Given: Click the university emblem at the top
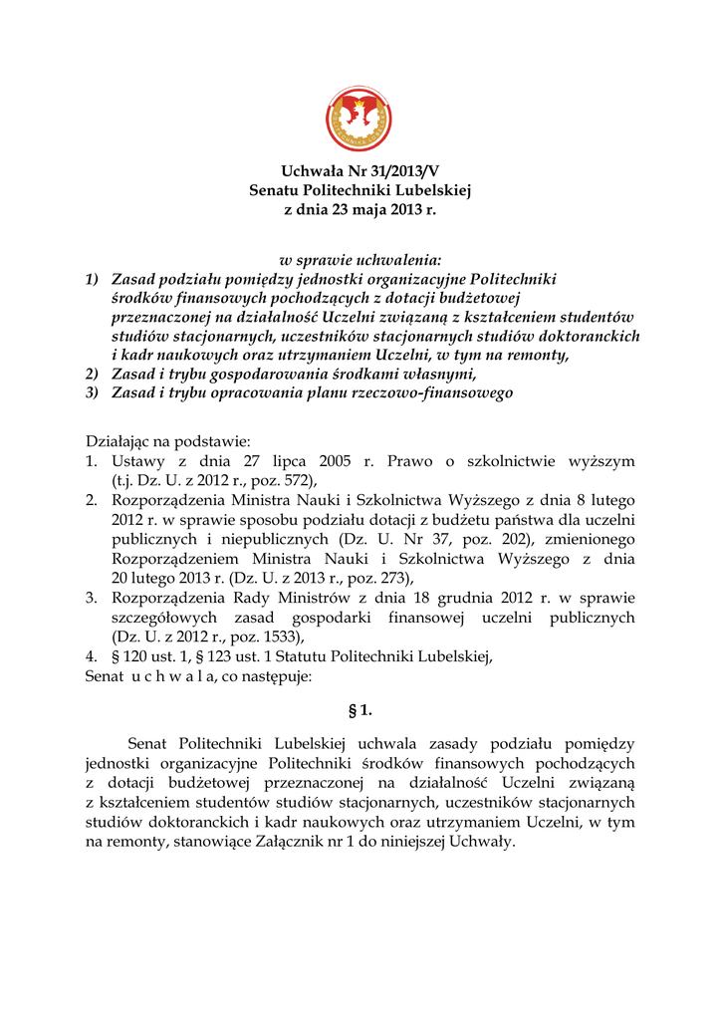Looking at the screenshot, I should click(x=359, y=119).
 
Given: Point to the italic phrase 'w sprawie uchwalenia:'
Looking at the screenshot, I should click(x=360, y=259).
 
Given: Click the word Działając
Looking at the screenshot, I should click(x=118, y=441).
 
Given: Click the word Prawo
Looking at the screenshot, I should click(x=412, y=461).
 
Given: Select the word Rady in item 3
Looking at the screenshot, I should click(x=229, y=598).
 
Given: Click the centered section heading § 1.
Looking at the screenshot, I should click(x=360, y=710).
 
